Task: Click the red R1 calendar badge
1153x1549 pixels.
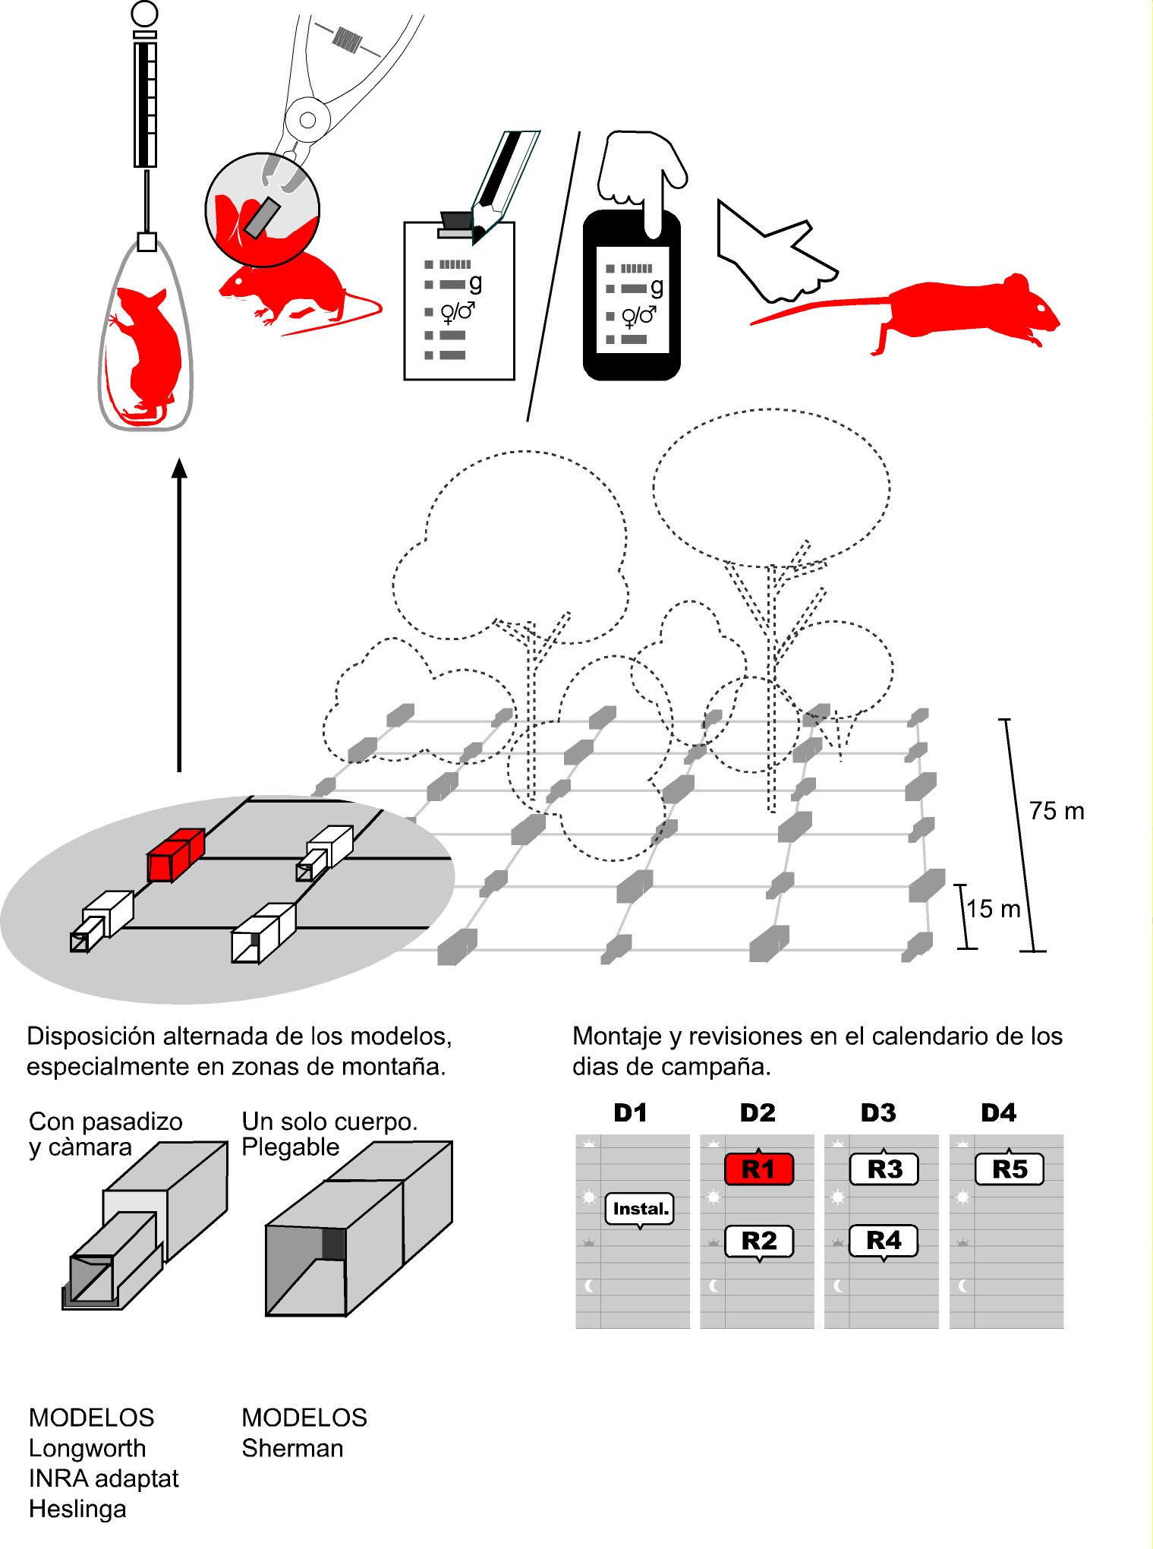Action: tap(758, 1169)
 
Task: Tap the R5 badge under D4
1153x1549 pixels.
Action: tap(1009, 1169)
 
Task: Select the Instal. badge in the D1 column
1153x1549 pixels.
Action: tap(640, 1208)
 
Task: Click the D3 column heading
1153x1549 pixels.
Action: tap(878, 1112)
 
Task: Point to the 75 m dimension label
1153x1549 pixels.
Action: tap(1057, 811)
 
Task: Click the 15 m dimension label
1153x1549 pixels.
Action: tap(993, 908)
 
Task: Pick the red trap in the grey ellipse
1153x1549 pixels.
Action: tap(175, 855)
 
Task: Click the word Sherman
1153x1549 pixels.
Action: tap(292, 1448)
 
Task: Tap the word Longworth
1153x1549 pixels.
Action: tap(87, 1448)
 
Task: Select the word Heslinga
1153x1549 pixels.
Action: tap(77, 1509)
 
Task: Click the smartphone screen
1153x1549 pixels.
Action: tap(632, 300)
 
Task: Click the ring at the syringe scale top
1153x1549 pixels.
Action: tap(144, 13)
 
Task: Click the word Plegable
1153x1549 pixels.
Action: tap(290, 1147)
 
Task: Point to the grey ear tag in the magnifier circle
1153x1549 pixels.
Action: tap(262, 217)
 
